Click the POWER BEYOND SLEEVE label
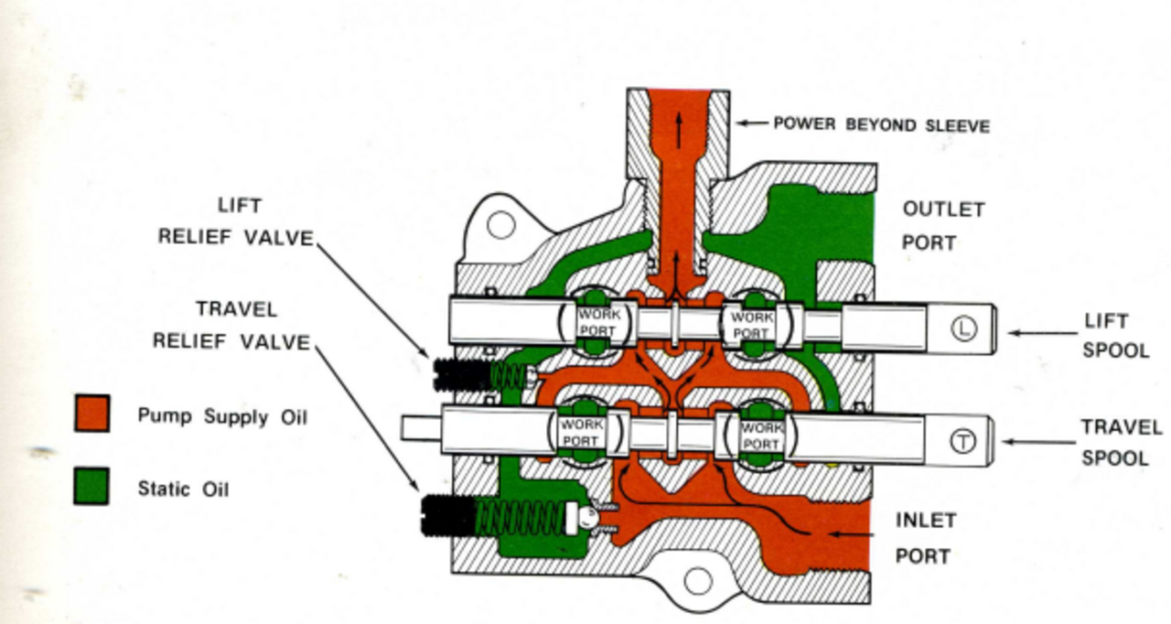point(881,124)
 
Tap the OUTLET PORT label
point(942,226)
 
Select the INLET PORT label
point(925,538)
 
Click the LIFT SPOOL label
point(1115,335)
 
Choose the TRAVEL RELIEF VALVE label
point(231,325)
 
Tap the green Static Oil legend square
point(91,486)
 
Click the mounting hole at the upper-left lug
point(500,224)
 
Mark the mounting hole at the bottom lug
point(697,580)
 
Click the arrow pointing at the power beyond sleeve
point(752,123)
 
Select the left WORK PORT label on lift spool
point(598,322)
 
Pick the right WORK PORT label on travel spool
point(760,436)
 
